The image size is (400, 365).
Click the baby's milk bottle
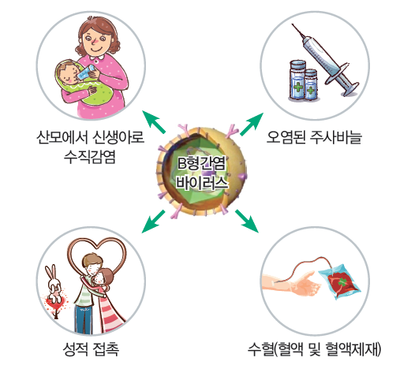pyautogui.click(x=87, y=72)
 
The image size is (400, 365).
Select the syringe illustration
pyautogui.click(x=326, y=60)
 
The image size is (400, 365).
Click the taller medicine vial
pyautogui.click(x=298, y=80)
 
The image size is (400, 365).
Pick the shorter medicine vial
pyautogui.click(x=311, y=84)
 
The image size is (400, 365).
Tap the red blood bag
pyautogui.click(x=340, y=281)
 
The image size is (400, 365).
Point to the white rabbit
pyautogui.click(x=54, y=285)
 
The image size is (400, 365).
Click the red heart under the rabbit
pyautogui.click(x=56, y=303)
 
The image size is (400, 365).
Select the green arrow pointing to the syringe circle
pyautogui.click(x=252, y=124)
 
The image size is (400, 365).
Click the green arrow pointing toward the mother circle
pyautogui.click(x=154, y=122)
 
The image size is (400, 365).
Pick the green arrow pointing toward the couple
pyautogui.click(x=153, y=222)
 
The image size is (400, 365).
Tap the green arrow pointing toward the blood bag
pyautogui.click(x=247, y=221)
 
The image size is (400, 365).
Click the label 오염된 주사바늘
pyautogui.click(x=314, y=137)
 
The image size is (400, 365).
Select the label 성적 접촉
pyautogui.click(x=91, y=348)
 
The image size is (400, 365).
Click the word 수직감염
pyautogui.click(x=90, y=157)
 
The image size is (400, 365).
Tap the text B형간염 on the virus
pyautogui.click(x=201, y=163)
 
